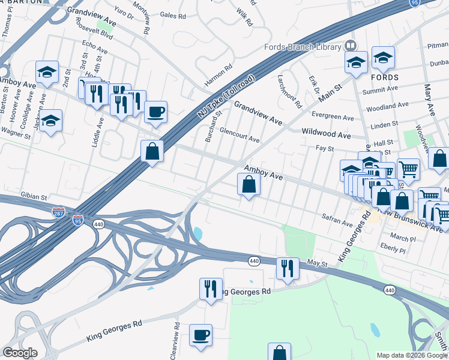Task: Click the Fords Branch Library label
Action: (x=301, y=47)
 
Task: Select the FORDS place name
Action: (x=384, y=78)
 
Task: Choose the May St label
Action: (x=316, y=263)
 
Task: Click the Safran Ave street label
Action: (x=337, y=221)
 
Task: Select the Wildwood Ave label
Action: (x=326, y=135)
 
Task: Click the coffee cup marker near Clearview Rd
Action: (x=201, y=335)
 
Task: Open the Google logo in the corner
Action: (x=19, y=353)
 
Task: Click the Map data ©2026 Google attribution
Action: (x=412, y=355)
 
